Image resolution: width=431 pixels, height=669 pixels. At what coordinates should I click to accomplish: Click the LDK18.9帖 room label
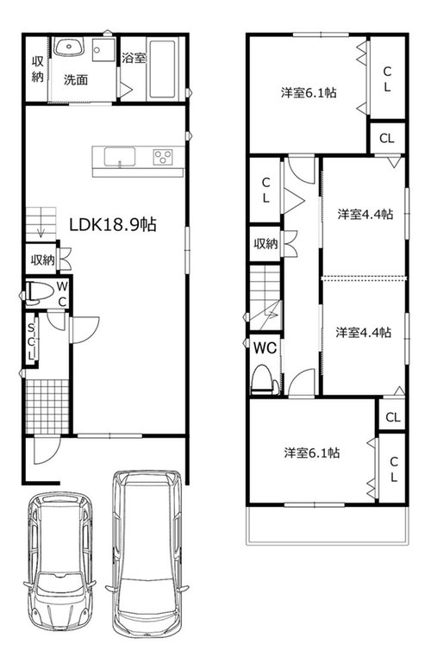113,224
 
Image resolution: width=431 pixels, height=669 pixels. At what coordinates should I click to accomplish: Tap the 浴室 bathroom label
134,58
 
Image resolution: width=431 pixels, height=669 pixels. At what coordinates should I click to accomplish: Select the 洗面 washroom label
76,79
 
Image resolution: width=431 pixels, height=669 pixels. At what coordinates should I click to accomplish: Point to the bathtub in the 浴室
162,69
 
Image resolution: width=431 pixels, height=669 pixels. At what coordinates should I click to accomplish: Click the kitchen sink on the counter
120,156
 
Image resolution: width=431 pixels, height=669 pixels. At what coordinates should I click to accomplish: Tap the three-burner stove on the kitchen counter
163,157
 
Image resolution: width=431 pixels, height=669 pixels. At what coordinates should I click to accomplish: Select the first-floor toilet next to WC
39,293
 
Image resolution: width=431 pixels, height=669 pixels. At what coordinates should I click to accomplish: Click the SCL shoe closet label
31,341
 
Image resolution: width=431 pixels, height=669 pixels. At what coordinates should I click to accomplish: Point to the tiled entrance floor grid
47,406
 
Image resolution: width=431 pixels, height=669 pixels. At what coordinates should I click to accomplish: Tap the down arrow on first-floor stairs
41,230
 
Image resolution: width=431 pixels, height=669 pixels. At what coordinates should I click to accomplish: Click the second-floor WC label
265,347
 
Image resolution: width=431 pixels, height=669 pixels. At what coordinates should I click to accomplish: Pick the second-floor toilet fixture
265,378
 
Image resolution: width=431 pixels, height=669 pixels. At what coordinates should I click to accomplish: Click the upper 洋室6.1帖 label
309,92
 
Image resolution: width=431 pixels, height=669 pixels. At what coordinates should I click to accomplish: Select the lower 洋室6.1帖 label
312,453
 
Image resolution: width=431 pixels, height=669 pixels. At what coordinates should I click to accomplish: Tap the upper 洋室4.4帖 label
365,214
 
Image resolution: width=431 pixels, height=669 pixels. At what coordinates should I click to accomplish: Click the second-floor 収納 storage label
265,244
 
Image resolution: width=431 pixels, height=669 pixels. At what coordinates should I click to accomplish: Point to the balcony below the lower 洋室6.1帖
328,525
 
